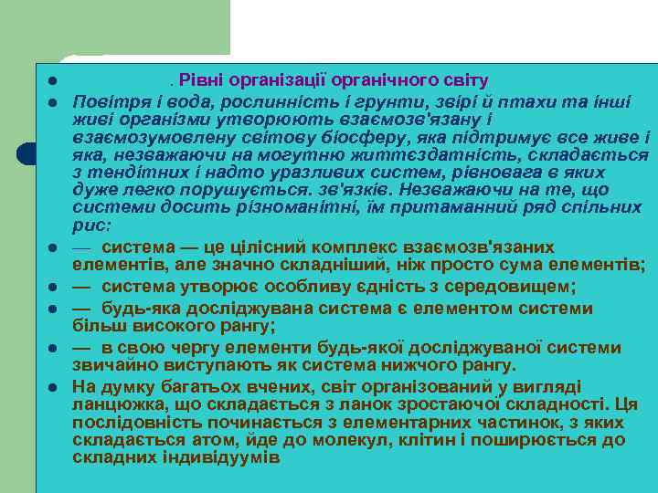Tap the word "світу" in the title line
[467, 80]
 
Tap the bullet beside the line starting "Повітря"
[54, 100]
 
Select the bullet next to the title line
[54, 81]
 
